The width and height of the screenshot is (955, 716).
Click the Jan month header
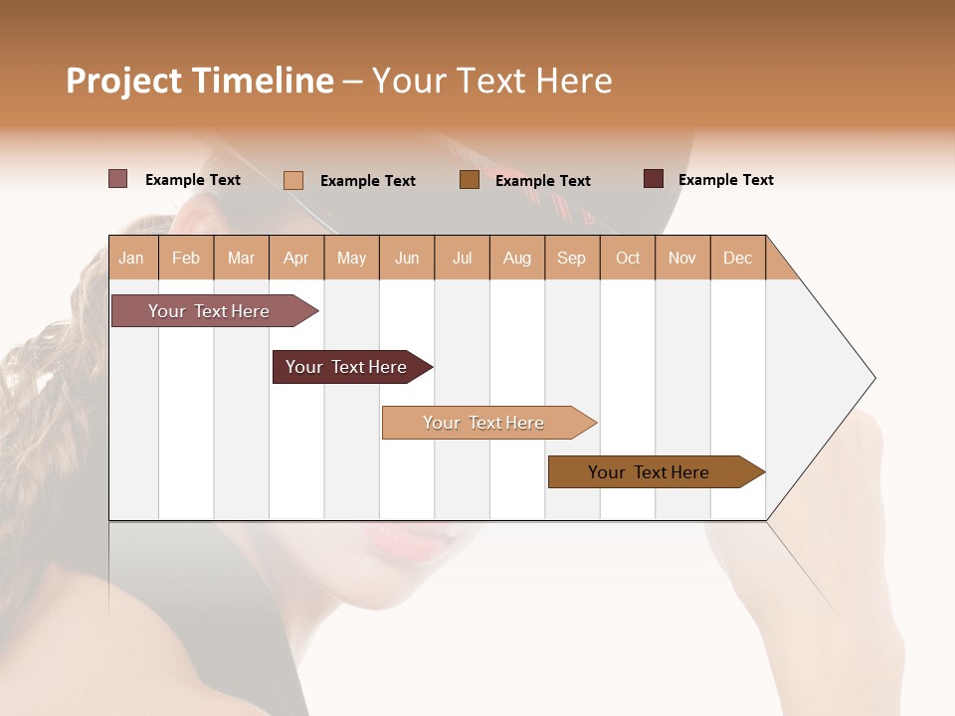point(131,258)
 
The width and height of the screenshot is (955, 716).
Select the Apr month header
point(295,258)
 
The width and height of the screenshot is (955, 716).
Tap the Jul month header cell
point(462,258)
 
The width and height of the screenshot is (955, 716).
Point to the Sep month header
point(571,258)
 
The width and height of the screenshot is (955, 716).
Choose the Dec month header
point(737,258)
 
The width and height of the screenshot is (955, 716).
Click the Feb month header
point(186,258)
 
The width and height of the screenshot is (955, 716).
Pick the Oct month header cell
point(628,258)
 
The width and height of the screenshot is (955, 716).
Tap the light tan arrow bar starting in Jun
point(484,423)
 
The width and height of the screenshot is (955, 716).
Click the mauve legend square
point(117,179)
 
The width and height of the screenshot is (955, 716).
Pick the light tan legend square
point(293,180)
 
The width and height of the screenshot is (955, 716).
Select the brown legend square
point(470,180)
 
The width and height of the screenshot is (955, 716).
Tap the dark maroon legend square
point(654,179)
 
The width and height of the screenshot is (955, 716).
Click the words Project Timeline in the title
point(199,81)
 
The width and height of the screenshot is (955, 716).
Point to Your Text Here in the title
point(491,81)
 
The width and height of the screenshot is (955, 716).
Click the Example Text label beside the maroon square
point(725,180)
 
